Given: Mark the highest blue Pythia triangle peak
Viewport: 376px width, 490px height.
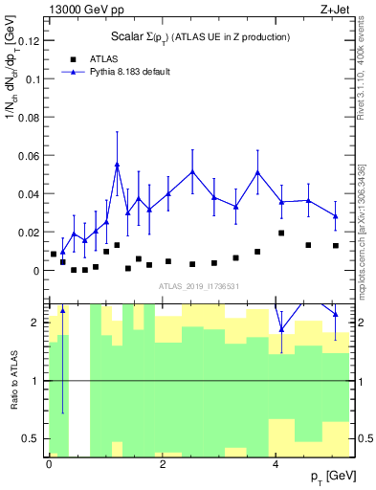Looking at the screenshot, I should [117, 165].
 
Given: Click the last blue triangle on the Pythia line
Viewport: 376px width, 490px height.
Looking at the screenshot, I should [336, 216].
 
